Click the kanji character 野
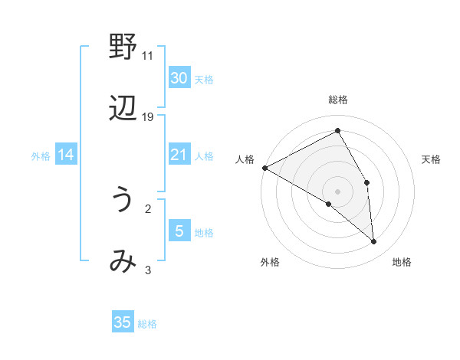[x=123, y=47]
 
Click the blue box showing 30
[x=179, y=77]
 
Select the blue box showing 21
[x=179, y=155]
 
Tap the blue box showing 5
[x=179, y=231]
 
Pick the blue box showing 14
[x=66, y=155]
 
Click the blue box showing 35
[x=123, y=322]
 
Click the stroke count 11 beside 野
[x=148, y=55]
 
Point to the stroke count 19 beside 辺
[x=148, y=116]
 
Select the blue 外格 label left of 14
[x=41, y=155]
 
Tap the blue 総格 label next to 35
[x=147, y=324]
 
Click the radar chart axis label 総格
[x=338, y=100]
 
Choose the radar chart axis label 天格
[x=432, y=159]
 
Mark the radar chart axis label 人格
[x=245, y=159]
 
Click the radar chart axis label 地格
[x=402, y=262]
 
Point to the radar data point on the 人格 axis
[x=264, y=168]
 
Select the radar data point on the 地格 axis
[x=373, y=241]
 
